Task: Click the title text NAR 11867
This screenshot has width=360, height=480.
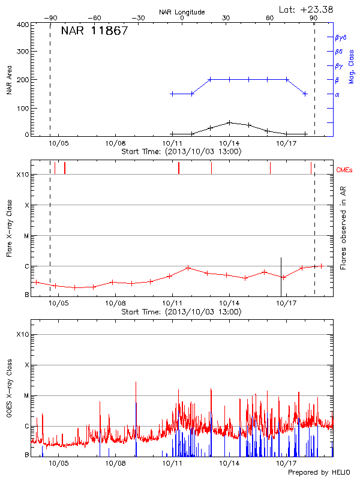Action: pos(94,31)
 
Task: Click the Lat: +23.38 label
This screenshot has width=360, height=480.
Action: pos(307,9)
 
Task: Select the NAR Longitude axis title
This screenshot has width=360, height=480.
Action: pos(182,11)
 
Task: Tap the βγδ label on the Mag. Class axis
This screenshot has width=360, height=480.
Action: pos(341,37)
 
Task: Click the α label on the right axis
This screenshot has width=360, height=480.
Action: pos(337,94)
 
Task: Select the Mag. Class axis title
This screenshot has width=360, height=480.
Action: pos(352,65)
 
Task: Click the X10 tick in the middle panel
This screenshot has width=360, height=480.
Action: pos(22,175)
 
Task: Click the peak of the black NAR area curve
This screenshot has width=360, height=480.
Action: pos(229,122)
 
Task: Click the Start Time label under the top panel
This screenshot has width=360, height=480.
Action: pos(182,152)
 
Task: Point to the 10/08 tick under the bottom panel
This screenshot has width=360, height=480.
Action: pos(115,464)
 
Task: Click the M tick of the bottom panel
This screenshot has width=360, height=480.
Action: pos(27,396)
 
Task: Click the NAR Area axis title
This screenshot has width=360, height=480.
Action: pos(10,79)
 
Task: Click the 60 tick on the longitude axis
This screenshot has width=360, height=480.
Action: pos(270,18)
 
